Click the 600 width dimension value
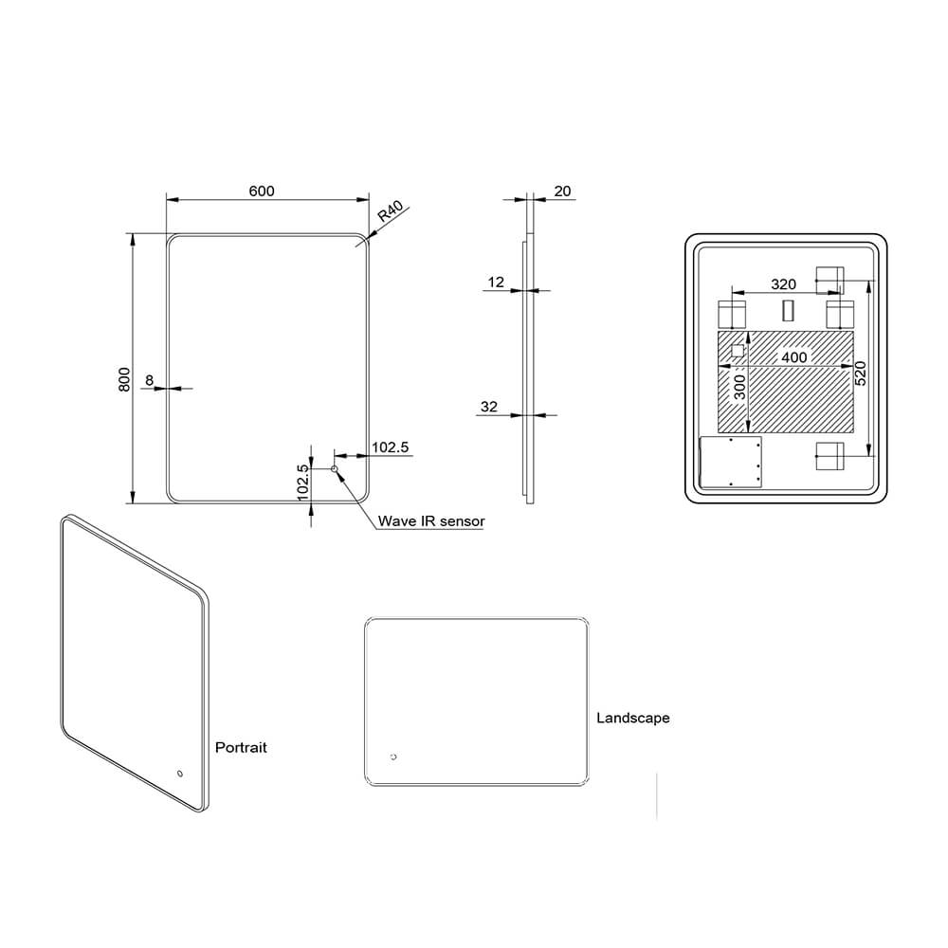[x=262, y=191]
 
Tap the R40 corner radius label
[x=391, y=211]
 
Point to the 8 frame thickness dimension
[x=149, y=380]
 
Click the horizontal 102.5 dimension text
[x=390, y=447]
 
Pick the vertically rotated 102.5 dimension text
[x=302, y=483]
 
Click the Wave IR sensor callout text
[x=431, y=520]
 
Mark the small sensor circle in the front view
[x=334, y=469]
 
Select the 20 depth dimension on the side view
[x=562, y=191]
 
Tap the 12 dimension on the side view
[x=497, y=282]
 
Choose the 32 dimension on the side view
[x=489, y=407]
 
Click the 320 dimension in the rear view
[x=783, y=283]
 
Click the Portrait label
[x=241, y=747]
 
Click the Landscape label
[x=632, y=718]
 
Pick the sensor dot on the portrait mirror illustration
[x=178, y=775]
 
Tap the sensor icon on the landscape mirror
[x=393, y=757]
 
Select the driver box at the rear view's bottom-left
[x=731, y=463]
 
